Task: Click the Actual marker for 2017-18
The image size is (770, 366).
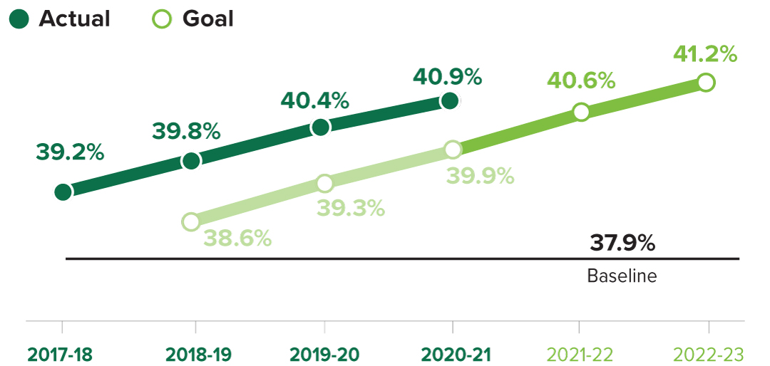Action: click(x=63, y=192)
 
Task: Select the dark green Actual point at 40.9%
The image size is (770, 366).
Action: click(x=449, y=101)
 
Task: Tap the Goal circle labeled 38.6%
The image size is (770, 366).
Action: click(x=190, y=221)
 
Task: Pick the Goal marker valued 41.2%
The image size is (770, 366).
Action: click(x=706, y=83)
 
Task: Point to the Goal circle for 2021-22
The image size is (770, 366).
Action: click(x=581, y=112)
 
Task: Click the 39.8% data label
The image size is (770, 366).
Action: click(x=186, y=132)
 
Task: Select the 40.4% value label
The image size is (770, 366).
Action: click(x=314, y=100)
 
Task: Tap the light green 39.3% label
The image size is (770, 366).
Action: click(x=351, y=208)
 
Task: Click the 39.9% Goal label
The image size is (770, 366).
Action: click(x=481, y=176)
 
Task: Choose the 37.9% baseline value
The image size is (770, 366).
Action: click(x=622, y=244)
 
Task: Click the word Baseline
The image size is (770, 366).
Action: click(x=622, y=276)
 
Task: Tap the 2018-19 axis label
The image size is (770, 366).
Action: click(x=197, y=354)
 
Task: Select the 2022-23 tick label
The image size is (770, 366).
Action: click(x=709, y=354)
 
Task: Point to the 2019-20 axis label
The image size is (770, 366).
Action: click(x=325, y=354)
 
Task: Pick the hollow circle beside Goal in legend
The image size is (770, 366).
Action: click(x=163, y=19)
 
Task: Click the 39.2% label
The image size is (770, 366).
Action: click(x=70, y=152)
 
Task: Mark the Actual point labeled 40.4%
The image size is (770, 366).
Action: click(x=321, y=127)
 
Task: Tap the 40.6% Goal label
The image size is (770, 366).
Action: click(x=581, y=80)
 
